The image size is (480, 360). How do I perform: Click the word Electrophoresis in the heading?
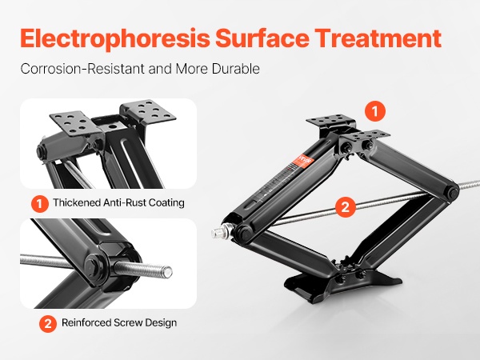coord(115,39)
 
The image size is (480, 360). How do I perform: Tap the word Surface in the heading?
coord(262,38)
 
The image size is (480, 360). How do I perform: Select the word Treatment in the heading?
coord(378,38)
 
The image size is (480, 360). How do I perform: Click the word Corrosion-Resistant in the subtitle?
coord(82,69)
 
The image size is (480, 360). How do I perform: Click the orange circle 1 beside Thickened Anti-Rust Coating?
coord(40,203)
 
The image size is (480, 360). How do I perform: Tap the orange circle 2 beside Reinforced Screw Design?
coord(48,323)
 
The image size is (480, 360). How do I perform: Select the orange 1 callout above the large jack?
coord(375,111)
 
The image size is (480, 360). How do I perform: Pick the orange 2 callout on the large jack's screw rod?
coord(346,207)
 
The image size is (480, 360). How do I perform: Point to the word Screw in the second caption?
coord(128,322)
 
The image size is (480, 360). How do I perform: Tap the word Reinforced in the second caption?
coord(86,322)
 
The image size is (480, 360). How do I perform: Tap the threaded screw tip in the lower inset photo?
coord(167,271)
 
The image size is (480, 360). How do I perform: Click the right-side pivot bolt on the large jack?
coord(452,192)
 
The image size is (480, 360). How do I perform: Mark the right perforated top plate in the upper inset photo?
coord(148,112)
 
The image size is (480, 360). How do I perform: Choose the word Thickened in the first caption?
coord(77,202)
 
